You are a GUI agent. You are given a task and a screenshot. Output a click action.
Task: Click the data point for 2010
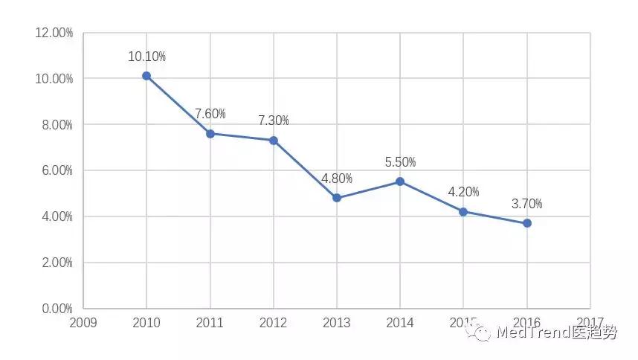tap(146, 76)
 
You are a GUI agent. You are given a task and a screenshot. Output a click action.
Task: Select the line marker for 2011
tap(210, 134)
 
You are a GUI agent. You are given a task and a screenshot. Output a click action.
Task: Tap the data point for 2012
tap(274, 141)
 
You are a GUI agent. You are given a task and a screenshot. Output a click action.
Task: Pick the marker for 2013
tap(337, 198)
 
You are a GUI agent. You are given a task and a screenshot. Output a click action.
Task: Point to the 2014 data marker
tap(400, 181)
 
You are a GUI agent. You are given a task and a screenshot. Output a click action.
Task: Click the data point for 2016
tap(527, 223)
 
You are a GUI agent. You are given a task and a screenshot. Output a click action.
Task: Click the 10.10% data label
tap(146, 57)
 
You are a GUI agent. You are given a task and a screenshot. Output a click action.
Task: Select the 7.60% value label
tap(210, 114)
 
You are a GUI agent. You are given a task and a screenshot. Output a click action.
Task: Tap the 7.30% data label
tap(274, 120)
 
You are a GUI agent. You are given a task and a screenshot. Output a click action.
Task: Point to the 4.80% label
tap(337, 179)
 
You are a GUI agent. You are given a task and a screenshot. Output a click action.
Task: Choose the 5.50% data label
tap(400, 162)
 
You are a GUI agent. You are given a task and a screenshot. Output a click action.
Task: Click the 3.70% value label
tap(527, 204)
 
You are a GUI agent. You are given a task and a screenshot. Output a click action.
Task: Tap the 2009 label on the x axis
tap(83, 323)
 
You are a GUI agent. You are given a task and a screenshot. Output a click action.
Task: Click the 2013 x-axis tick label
tap(337, 323)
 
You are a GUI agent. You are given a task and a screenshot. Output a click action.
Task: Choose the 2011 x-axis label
tap(210, 323)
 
